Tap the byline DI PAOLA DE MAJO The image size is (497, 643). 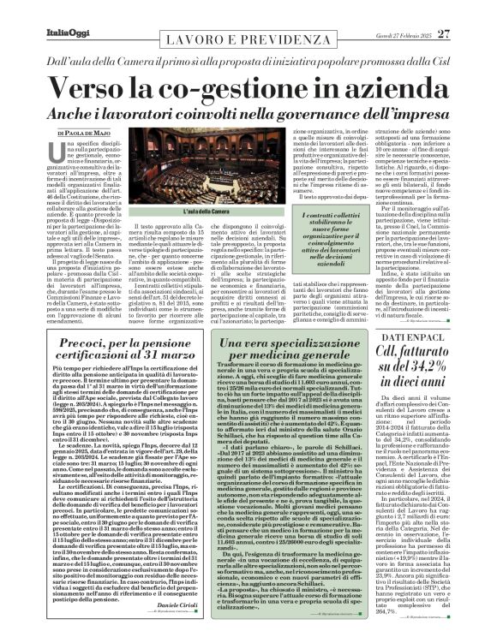point(81,110)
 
